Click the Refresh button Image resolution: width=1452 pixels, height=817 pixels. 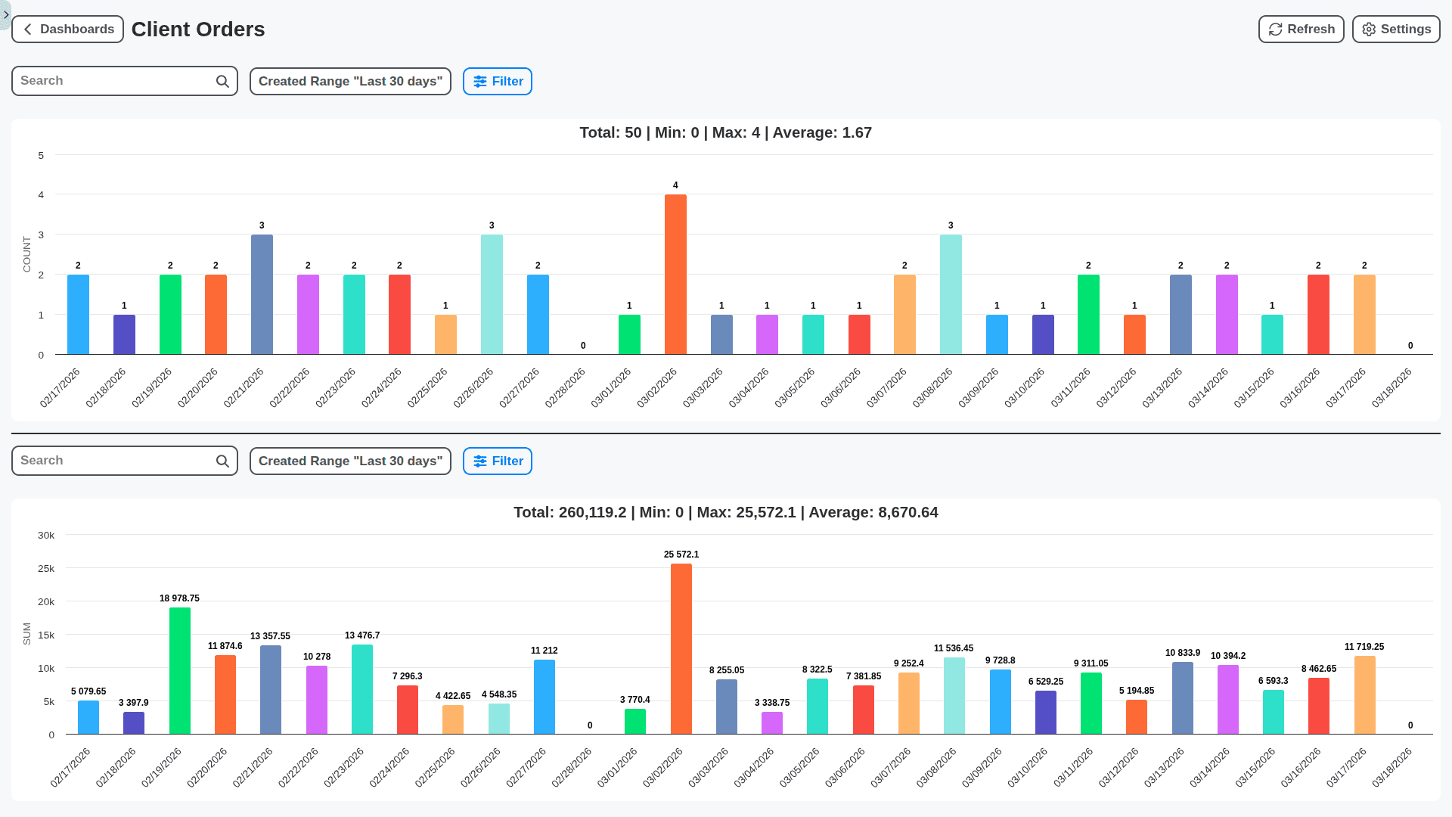(1301, 30)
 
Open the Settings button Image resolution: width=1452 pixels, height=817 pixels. (1395, 30)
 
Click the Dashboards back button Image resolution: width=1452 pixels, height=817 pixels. (68, 30)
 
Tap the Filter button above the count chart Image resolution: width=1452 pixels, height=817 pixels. (498, 82)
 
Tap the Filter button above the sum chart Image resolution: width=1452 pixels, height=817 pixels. (498, 461)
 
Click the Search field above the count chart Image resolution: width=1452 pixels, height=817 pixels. (113, 81)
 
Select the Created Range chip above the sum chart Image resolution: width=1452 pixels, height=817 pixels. (350, 461)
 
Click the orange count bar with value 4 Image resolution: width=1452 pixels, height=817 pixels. (675, 274)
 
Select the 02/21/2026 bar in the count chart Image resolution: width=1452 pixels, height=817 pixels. (262, 294)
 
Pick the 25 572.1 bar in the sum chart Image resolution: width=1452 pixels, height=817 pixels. (681, 648)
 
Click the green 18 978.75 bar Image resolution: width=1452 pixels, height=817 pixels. (180, 670)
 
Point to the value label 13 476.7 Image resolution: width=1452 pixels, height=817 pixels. (362, 635)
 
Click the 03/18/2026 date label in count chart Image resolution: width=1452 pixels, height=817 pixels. (1392, 388)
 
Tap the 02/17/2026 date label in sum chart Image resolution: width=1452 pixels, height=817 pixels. (70, 768)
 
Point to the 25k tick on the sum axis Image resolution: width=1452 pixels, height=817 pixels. (46, 569)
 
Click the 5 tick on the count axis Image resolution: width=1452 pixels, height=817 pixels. (41, 155)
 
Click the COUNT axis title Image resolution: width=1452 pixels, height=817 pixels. (27, 254)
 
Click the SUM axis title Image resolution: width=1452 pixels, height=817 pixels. (27, 634)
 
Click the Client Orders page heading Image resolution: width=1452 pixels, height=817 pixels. (198, 30)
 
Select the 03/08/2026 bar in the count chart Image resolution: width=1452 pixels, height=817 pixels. (951, 294)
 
